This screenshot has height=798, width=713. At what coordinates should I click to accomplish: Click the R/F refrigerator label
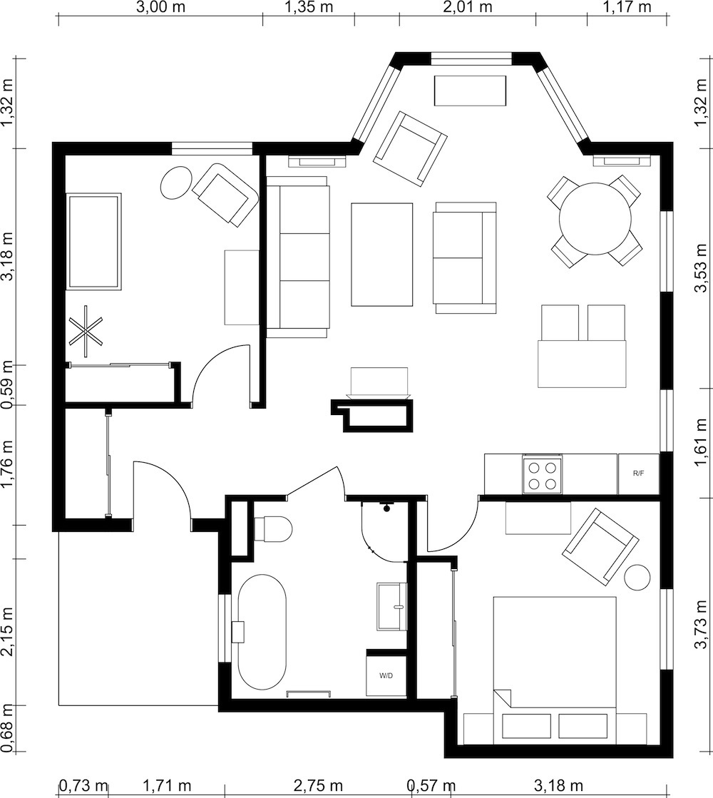coord(638,473)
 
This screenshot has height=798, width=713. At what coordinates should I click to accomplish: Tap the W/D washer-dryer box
coord(386,674)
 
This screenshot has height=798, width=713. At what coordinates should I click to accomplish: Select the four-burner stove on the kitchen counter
coord(543,475)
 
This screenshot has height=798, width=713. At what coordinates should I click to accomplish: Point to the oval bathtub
coord(262,632)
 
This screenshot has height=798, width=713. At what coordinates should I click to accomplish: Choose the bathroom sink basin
coord(391,606)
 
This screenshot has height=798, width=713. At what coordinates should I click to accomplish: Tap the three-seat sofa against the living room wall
coord(298,257)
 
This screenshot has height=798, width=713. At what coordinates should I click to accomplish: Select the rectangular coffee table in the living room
coord(381,255)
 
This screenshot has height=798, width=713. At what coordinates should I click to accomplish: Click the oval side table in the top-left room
coord(175,183)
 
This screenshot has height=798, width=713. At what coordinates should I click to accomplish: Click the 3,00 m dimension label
coord(160,9)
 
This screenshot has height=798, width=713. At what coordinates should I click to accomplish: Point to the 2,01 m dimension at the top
coord(468,9)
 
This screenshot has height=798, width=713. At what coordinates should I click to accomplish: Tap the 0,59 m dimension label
coord(9,385)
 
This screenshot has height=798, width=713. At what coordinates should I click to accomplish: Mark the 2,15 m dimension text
coord(9,632)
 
